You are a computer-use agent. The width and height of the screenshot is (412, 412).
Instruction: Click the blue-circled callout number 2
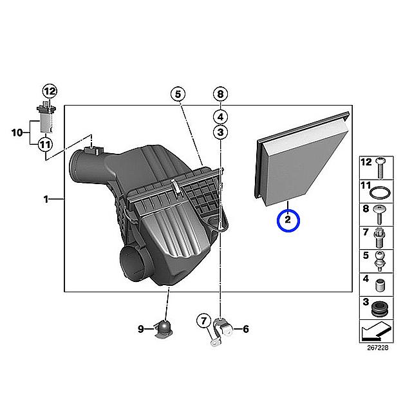pyautogui.click(x=288, y=221)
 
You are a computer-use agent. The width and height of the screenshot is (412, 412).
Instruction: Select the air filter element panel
pyautogui.click(x=302, y=160)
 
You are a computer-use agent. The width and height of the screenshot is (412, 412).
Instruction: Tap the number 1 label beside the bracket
pyautogui.click(x=46, y=199)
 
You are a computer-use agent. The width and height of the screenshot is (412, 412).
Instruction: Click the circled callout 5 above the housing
pyautogui.click(x=178, y=94)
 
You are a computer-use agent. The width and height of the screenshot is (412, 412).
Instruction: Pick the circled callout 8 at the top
pyautogui.click(x=220, y=94)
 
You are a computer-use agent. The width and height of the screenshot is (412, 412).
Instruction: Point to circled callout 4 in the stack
pyautogui.click(x=220, y=117)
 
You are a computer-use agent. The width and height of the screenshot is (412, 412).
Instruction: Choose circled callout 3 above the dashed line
pyautogui.click(x=220, y=132)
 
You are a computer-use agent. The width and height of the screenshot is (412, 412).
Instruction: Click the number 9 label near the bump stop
pyautogui.click(x=141, y=329)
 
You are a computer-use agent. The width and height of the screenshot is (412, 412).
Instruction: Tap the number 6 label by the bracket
pyautogui.click(x=246, y=329)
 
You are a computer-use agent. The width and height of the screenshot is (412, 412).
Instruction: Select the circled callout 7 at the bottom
pyautogui.click(x=204, y=321)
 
